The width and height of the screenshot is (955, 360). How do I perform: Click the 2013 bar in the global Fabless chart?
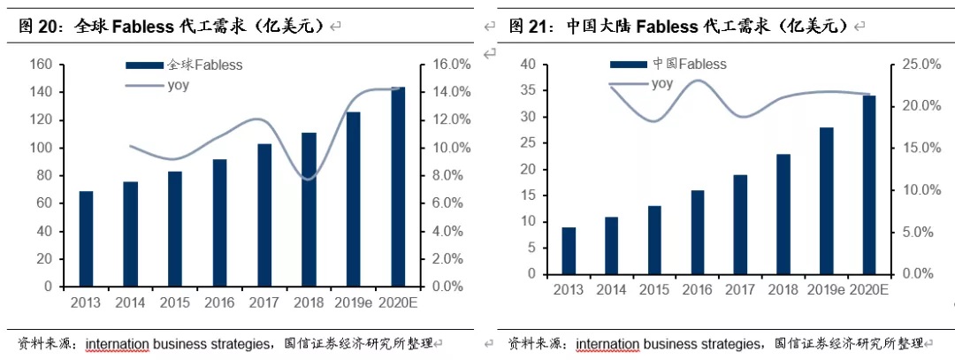86,239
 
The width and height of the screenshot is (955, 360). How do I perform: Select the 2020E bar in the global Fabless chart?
399,187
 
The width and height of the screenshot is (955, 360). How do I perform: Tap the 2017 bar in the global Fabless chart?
264,215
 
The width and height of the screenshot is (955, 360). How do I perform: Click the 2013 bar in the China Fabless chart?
569,250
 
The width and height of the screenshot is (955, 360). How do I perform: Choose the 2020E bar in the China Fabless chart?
869,185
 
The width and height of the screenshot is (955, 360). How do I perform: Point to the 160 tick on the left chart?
40,65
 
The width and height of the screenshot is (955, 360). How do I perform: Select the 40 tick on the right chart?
527,65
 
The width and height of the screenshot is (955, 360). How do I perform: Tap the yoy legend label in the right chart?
662,84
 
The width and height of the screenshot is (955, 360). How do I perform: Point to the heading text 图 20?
35,27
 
